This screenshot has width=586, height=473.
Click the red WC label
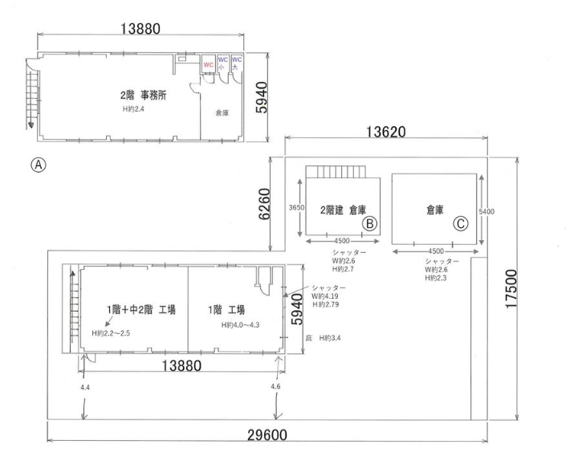tap(209, 65)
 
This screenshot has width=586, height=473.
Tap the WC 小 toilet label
tap(222, 63)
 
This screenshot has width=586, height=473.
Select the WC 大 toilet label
tap(237, 63)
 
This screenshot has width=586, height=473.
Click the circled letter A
tap(39, 165)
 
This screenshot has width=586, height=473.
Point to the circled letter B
tap(369, 223)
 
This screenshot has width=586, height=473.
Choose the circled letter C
tap(461, 223)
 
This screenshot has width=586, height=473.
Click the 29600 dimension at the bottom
tap(267, 435)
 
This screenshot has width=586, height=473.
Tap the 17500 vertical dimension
tap(511, 289)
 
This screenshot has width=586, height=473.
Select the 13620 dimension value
tap(385, 132)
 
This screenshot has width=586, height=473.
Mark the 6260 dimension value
tap(264, 204)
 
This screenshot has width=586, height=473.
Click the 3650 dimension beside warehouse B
tap(297, 207)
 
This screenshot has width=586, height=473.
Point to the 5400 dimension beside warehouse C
tap(486, 212)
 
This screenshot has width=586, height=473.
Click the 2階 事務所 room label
tap(143, 96)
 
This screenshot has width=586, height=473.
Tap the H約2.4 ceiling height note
tap(133, 109)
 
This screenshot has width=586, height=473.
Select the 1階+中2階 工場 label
tap(141, 310)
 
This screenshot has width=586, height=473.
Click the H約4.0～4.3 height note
tap(240, 325)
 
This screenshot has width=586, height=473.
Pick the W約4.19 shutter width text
tap(325, 296)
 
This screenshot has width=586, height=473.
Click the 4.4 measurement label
tap(85, 387)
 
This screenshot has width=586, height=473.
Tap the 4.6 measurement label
tap(275, 386)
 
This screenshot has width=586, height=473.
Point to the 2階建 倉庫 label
tap(343, 210)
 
